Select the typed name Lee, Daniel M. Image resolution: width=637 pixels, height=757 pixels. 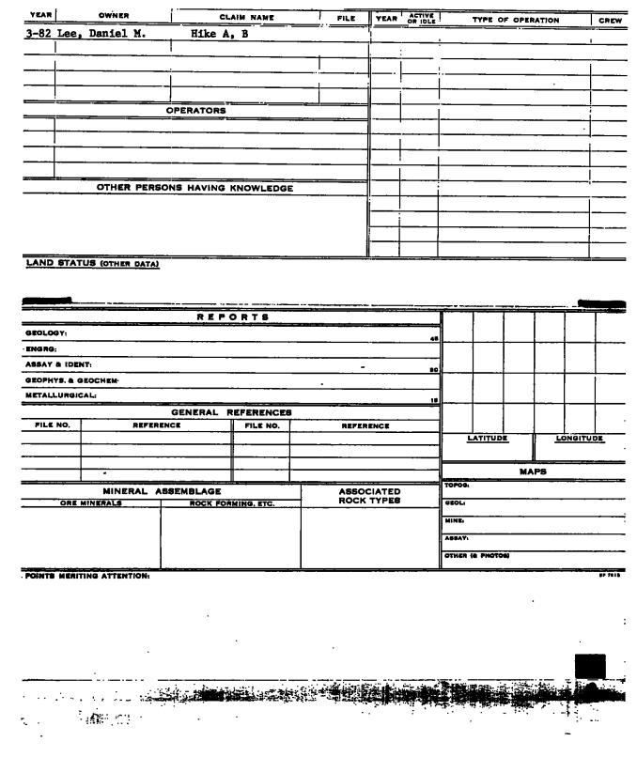(x=103, y=35)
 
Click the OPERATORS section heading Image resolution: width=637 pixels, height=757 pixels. (x=196, y=110)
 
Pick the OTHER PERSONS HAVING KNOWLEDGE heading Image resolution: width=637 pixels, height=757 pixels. (x=195, y=188)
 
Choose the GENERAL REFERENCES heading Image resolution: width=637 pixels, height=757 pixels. (x=232, y=411)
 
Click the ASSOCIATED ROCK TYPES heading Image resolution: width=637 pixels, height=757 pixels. (x=369, y=496)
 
